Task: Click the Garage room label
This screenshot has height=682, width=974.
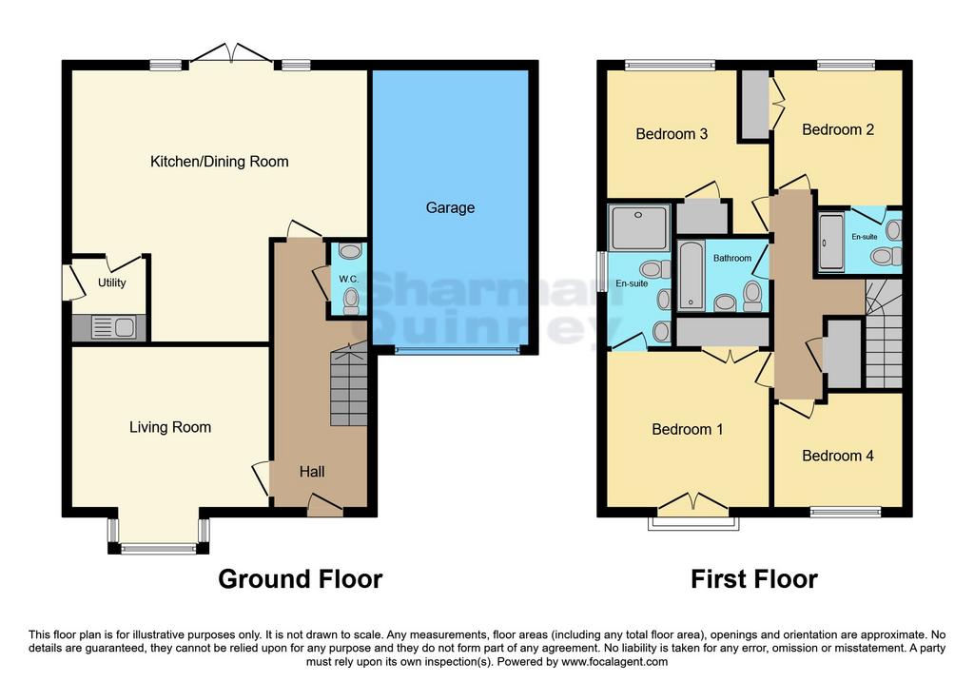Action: (x=450, y=208)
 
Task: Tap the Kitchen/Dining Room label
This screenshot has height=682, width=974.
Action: (x=220, y=162)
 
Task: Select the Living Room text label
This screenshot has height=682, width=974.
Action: (x=170, y=427)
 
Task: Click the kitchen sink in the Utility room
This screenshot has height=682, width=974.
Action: (x=114, y=327)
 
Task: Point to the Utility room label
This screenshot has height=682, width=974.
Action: (x=112, y=283)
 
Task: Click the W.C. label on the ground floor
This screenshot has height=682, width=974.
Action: (x=348, y=280)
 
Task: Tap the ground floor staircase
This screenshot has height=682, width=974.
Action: (x=349, y=385)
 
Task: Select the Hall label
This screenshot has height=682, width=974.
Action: (x=312, y=472)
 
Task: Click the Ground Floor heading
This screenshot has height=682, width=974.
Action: (x=300, y=579)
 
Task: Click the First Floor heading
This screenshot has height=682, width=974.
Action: (x=754, y=579)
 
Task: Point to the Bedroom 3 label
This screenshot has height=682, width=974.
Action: (x=672, y=134)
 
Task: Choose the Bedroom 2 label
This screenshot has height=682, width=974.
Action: (x=838, y=129)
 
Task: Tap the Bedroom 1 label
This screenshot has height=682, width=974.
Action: (x=687, y=429)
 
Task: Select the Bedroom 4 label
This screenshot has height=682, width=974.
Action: (x=837, y=456)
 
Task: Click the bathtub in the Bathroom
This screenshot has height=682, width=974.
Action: (x=692, y=276)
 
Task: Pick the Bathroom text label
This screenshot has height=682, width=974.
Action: (x=731, y=258)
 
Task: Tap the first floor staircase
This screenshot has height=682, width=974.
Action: (x=884, y=334)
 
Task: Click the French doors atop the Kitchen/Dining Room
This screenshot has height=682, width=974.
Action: (x=231, y=53)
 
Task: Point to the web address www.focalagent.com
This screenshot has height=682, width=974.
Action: (x=614, y=662)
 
